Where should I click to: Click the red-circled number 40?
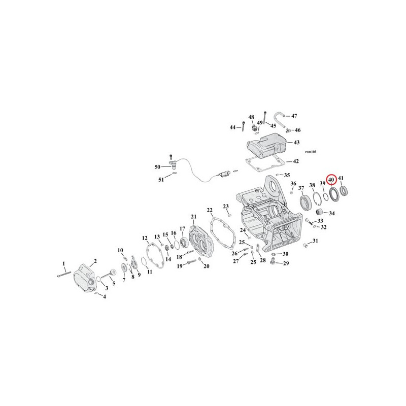pyautogui.click(x=331, y=180)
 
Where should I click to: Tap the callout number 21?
pyautogui.click(x=194, y=217)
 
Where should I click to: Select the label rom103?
pyautogui.click(x=311, y=152)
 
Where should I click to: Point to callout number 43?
pyautogui.click(x=296, y=142)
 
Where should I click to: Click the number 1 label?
pyautogui.click(x=64, y=264)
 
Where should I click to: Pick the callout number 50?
pyautogui.click(x=157, y=167)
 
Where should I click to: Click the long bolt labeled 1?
pyautogui.click(x=64, y=274)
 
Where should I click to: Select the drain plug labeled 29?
pyautogui.click(x=272, y=261)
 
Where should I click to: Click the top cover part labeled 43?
pyautogui.click(x=267, y=144)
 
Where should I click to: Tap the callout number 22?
pyautogui.click(x=210, y=210)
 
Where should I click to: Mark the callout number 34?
pyautogui.click(x=332, y=213)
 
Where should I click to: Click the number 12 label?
pyautogui.click(x=145, y=238)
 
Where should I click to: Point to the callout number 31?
pyautogui.click(x=315, y=241)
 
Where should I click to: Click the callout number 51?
pyautogui.click(x=161, y=180)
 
